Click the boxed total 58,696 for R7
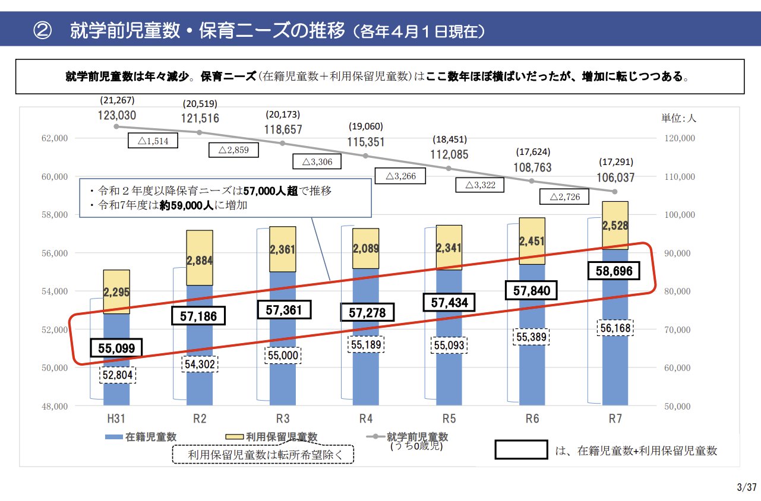pyautogui.click(x=615, y=272)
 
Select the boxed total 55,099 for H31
pyautogui.click(x=116, y=348)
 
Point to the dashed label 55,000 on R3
pyautogui.click(x=282, y=355)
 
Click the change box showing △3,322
pyautogui.click(x=480, y=185)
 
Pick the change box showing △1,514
pyautogui.click(x=153, y=141)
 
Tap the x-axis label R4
pyautogui.click(x=366, y=418)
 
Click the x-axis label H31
pyautogui.click(x=116, y=418)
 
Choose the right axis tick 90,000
pyautogui.click(x=677, y=253)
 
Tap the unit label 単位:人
pyautogui.click(x=679, y=118)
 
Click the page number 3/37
pyautogui.click(x=746, y=487)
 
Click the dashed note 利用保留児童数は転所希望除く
pyautogui.click(x=262, y=455)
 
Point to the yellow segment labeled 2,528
pyautogui.click(x=615, y=226)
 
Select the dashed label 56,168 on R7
pyautogui.click(x=615, y=328)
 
